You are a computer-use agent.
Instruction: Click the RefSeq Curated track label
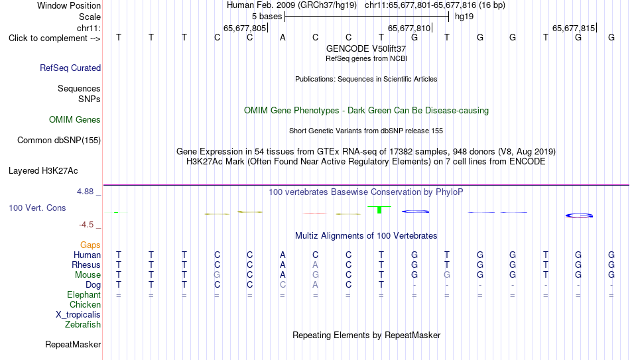[x=70, y=68]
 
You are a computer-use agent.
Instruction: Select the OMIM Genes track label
[x=75, y=120]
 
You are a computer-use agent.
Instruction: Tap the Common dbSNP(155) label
[x=59, y=141]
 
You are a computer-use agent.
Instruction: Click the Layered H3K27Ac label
[x=43, y=171]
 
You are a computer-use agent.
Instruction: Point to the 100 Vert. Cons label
[x=37, y=208]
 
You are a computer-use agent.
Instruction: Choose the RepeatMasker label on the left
[x=73, y=344]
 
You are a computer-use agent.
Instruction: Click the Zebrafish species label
[x=83, y=324]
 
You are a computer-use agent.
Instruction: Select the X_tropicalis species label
[x=78, y=315]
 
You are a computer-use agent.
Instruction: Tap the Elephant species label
[x=84, y=295]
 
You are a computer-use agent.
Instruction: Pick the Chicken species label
[x=85, y=304]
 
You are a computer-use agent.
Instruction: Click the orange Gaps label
[x=90, y=245]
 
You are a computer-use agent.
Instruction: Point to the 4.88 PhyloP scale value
[x=85, y=192]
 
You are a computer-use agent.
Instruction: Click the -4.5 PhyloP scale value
[x=86, y=225]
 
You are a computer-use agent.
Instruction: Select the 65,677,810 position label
[x=409, y=28]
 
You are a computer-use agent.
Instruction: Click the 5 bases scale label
[x=267, y=17]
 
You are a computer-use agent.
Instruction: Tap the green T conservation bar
[x=379, y=210]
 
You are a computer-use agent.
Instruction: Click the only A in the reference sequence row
[x=283, y=38]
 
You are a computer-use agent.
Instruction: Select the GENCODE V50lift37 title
[x=366, y=48]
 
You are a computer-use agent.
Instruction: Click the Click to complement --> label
[x=54, y=38]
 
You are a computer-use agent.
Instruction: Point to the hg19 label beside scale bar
[x=464, y=17]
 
